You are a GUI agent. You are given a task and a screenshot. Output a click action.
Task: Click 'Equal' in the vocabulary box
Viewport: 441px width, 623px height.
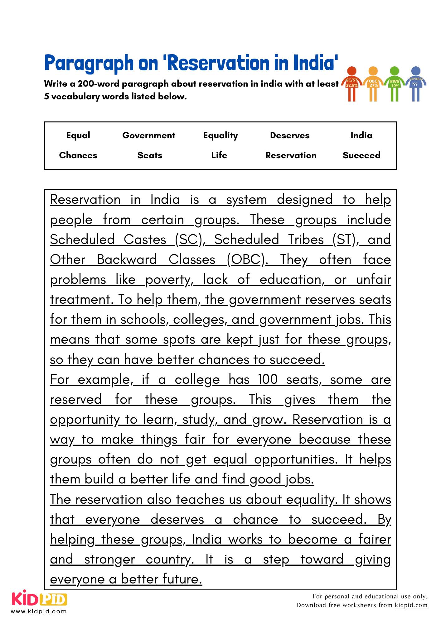tap(78, 136)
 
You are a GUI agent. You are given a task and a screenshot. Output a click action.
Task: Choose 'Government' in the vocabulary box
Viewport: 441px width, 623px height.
tap(149, 136)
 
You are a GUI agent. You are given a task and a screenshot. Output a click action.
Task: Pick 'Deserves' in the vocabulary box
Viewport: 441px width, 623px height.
tap(290, 136)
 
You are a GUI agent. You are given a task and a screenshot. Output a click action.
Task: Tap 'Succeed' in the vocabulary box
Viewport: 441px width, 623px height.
tap(361, 155)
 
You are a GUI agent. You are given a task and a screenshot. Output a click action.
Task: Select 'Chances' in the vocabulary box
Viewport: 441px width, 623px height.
tap(78, 155)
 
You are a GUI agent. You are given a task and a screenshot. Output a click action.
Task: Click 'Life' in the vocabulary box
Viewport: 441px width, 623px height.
tap(219, 155)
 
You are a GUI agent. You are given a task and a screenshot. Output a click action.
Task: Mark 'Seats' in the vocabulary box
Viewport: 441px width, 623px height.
tap(150, 155)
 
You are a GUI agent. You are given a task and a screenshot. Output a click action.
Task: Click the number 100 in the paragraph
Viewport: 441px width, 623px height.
tap(268, 379)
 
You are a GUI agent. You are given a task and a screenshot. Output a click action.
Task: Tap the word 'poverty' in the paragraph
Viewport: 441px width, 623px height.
tap(168, 280)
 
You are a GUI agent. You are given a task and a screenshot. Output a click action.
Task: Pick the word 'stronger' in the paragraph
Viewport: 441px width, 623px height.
tap(109, 559)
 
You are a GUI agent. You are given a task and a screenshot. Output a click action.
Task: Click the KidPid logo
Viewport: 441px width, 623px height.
tap(39, 599)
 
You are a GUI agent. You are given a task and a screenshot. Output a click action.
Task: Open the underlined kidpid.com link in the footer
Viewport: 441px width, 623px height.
tap(411, 605)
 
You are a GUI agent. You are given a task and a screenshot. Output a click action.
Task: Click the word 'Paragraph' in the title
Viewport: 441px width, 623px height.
tap(89, 63)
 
